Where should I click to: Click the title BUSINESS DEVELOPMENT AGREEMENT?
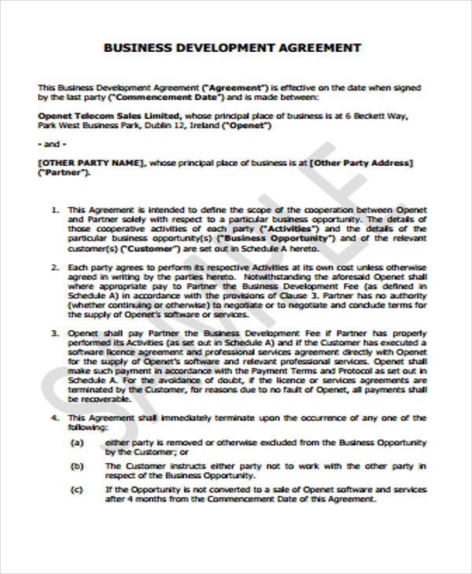(233, 48)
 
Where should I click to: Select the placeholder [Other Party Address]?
(360, 162)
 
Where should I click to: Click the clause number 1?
(54, 210)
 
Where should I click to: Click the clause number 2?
(54, 268)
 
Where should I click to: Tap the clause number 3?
(54, 333)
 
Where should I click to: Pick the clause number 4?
(54, 417)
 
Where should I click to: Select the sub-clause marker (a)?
(77, 443)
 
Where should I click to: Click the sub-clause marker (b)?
(77, 466)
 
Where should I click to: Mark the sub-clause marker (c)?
(77, 490)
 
